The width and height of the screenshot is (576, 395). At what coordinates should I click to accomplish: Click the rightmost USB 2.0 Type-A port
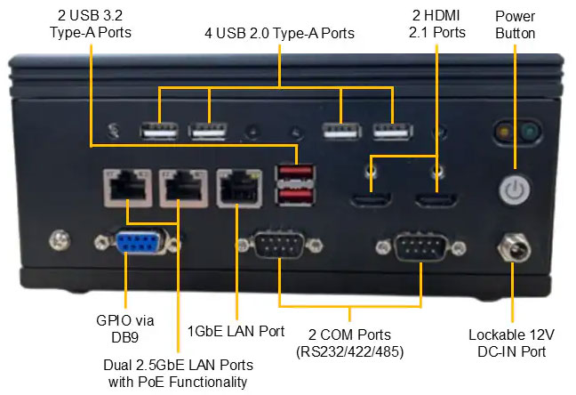pyautogui.click(x=392, y=131)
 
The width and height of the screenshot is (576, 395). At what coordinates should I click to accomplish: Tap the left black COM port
pyautogui.click(x=278, y=243)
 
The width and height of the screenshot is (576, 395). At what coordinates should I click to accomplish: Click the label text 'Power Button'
pyautogui.click(x=516, y=24)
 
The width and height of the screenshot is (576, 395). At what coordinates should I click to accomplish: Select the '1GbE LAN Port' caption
pyautogui.click(x=236, y=331)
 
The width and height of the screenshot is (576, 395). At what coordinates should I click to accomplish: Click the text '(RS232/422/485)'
pyautogui.click(x=350, y=352)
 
